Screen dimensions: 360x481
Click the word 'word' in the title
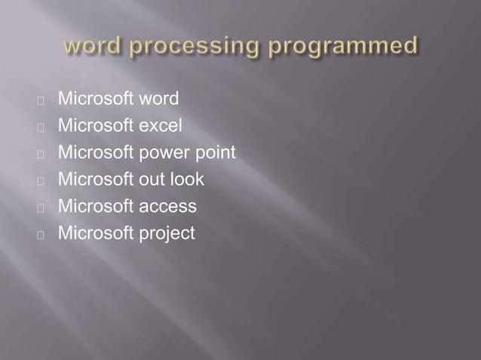[87, 47]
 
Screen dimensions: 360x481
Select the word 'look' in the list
[187, 179]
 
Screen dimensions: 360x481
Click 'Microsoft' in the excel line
[95, 126]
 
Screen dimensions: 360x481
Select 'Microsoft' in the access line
[95, 206]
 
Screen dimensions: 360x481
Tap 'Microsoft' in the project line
[95, 233]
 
